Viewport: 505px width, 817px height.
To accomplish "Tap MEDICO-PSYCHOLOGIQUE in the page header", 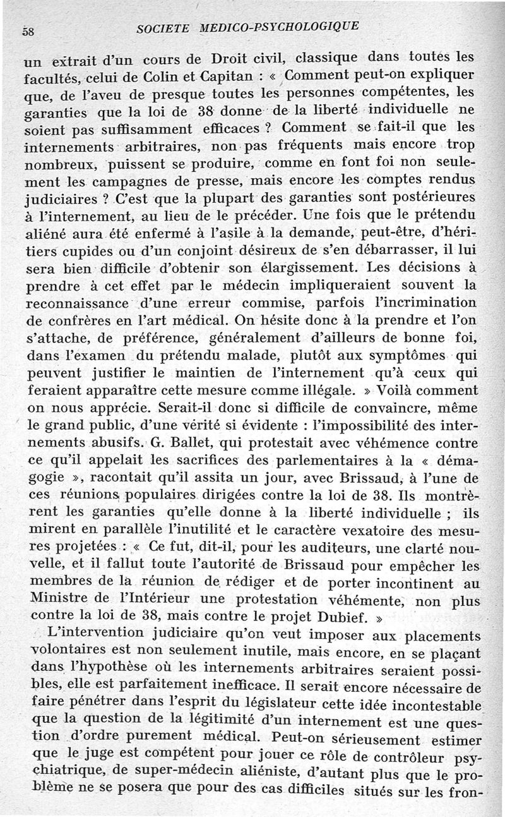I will click(279, 27).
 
